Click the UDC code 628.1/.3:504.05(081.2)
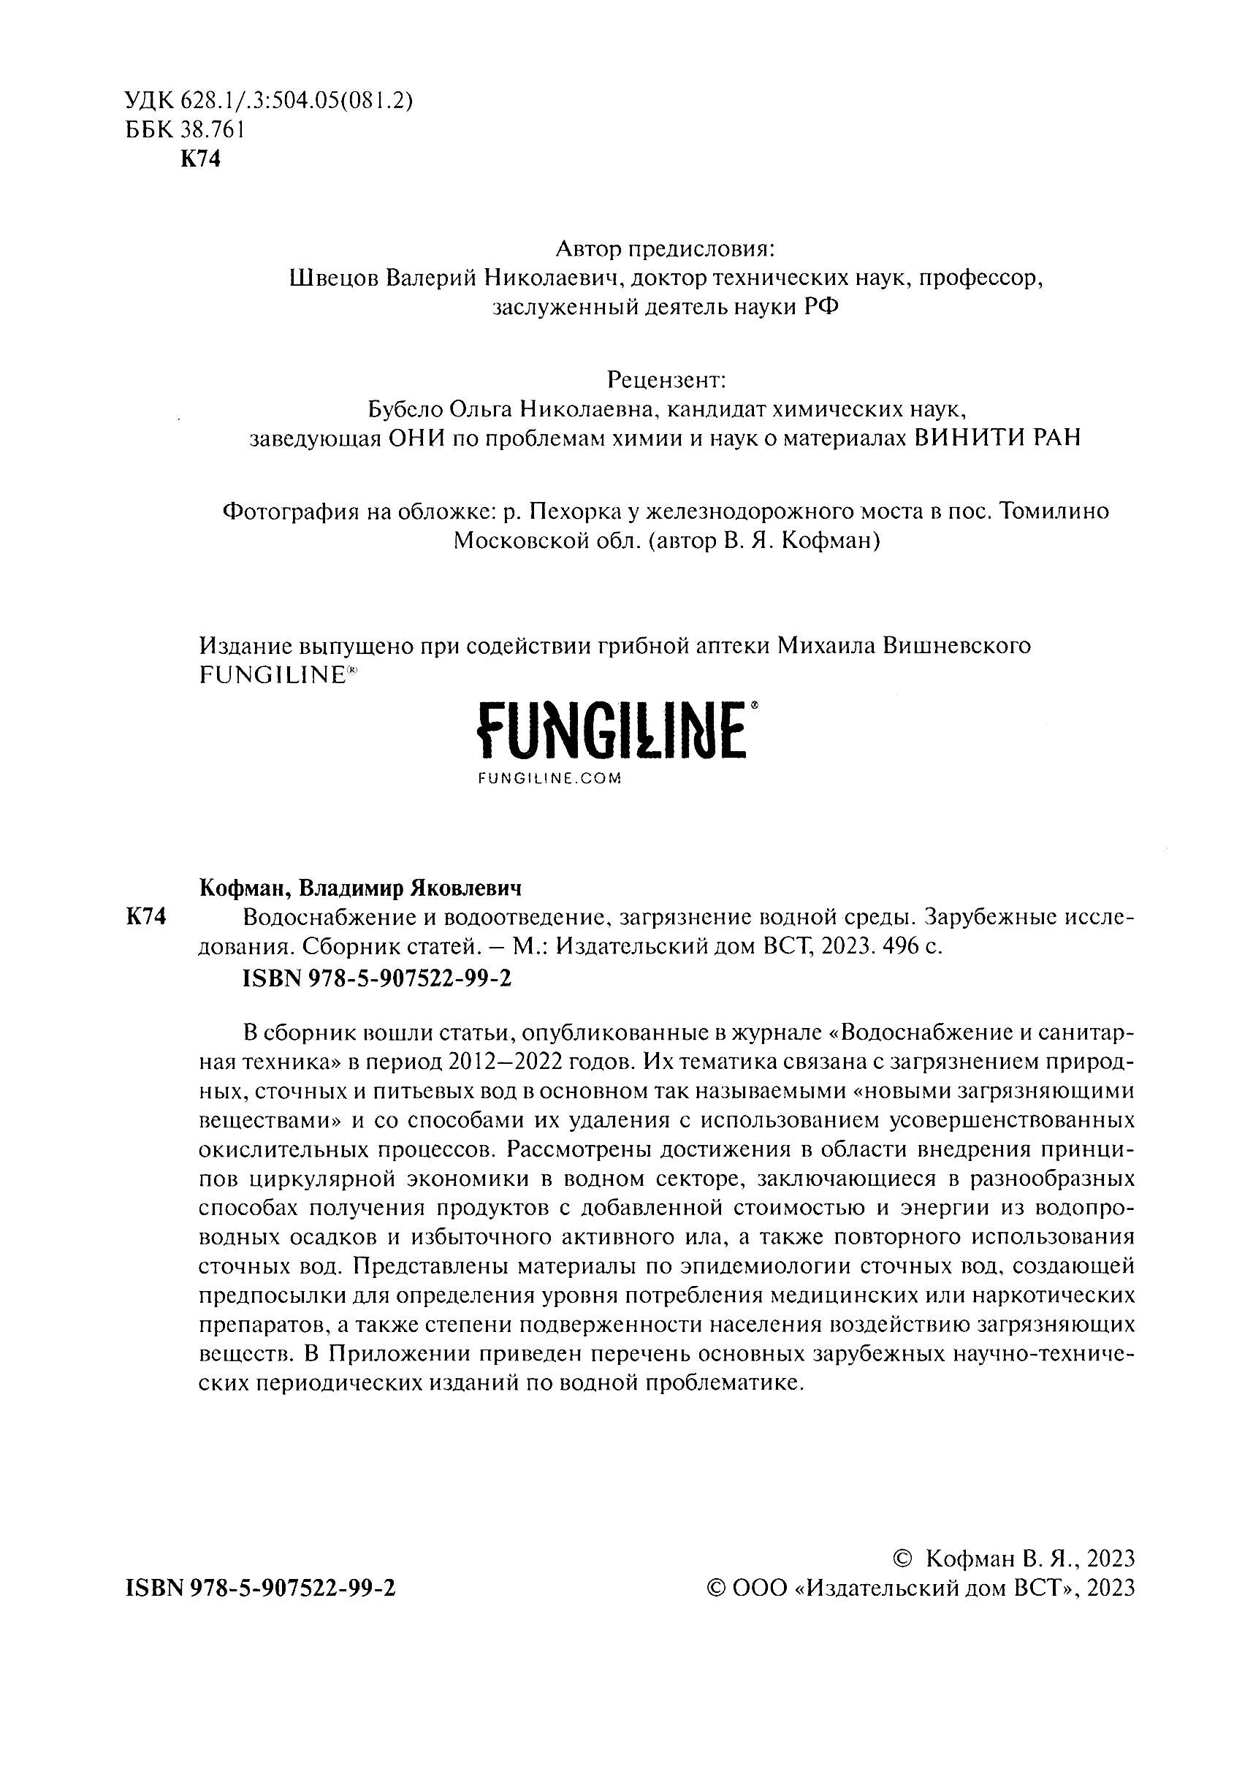click(297, 101)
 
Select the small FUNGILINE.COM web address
click(549, 778)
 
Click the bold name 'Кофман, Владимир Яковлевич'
click(360, 888)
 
